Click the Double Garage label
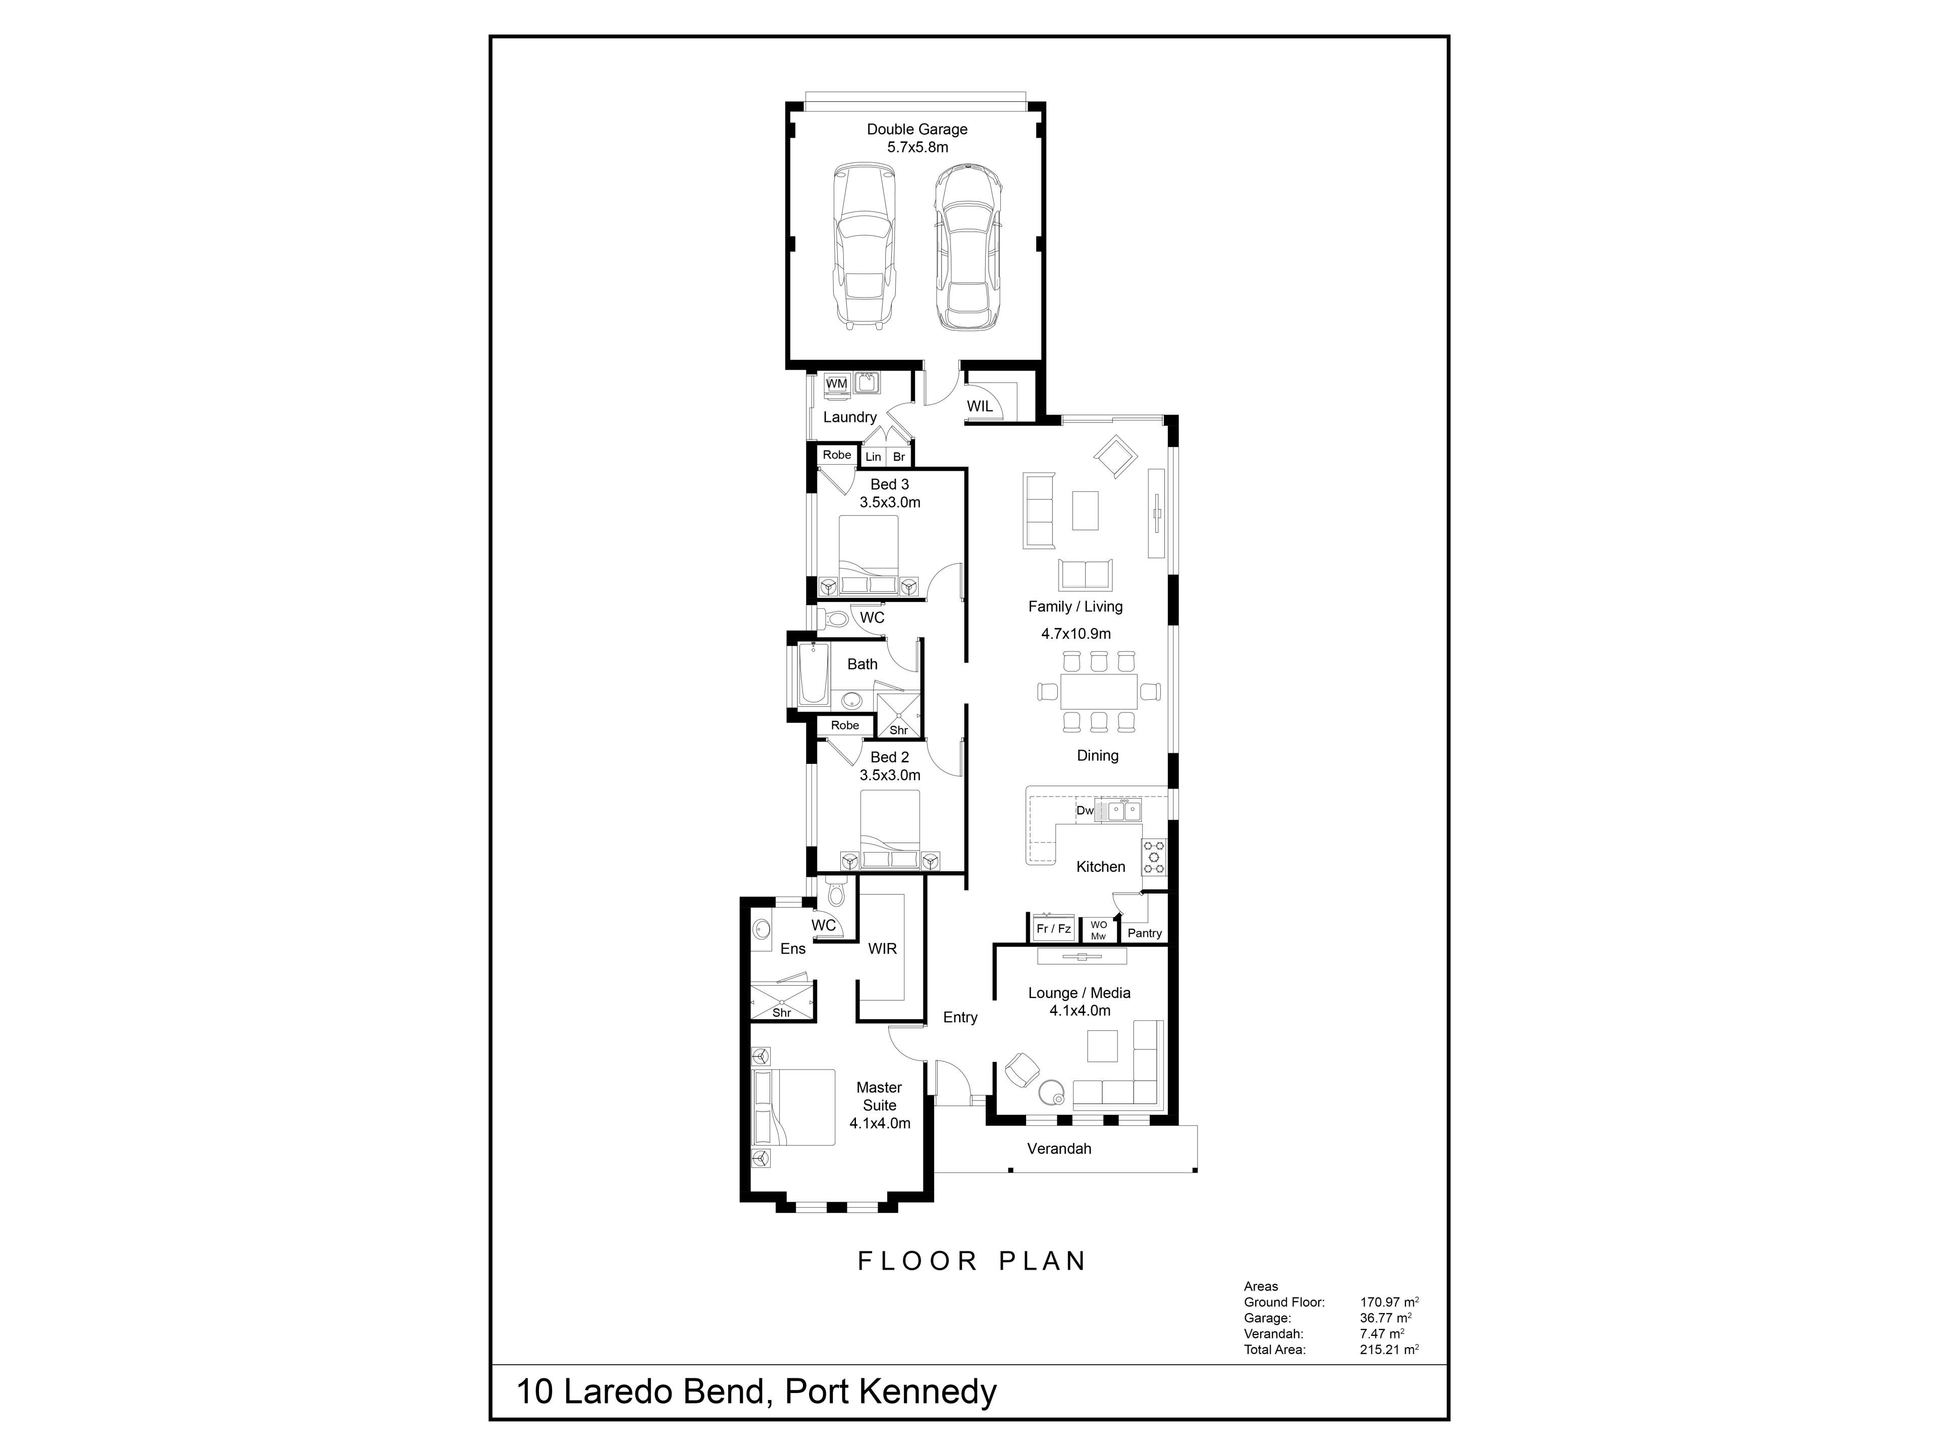pos(918,129)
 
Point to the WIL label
pos(980,406)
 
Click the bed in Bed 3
pos(868,555)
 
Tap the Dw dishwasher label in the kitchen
pos(1085,810)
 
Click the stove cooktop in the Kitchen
pos(1154,858)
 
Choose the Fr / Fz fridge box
pos(1053,928)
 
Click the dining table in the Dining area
pos(1099,691)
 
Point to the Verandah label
pos(1059,1148)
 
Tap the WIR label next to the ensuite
pos(882,948)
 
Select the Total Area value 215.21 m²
pos(1389,1350)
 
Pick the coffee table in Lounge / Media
pos(1102,1046)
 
